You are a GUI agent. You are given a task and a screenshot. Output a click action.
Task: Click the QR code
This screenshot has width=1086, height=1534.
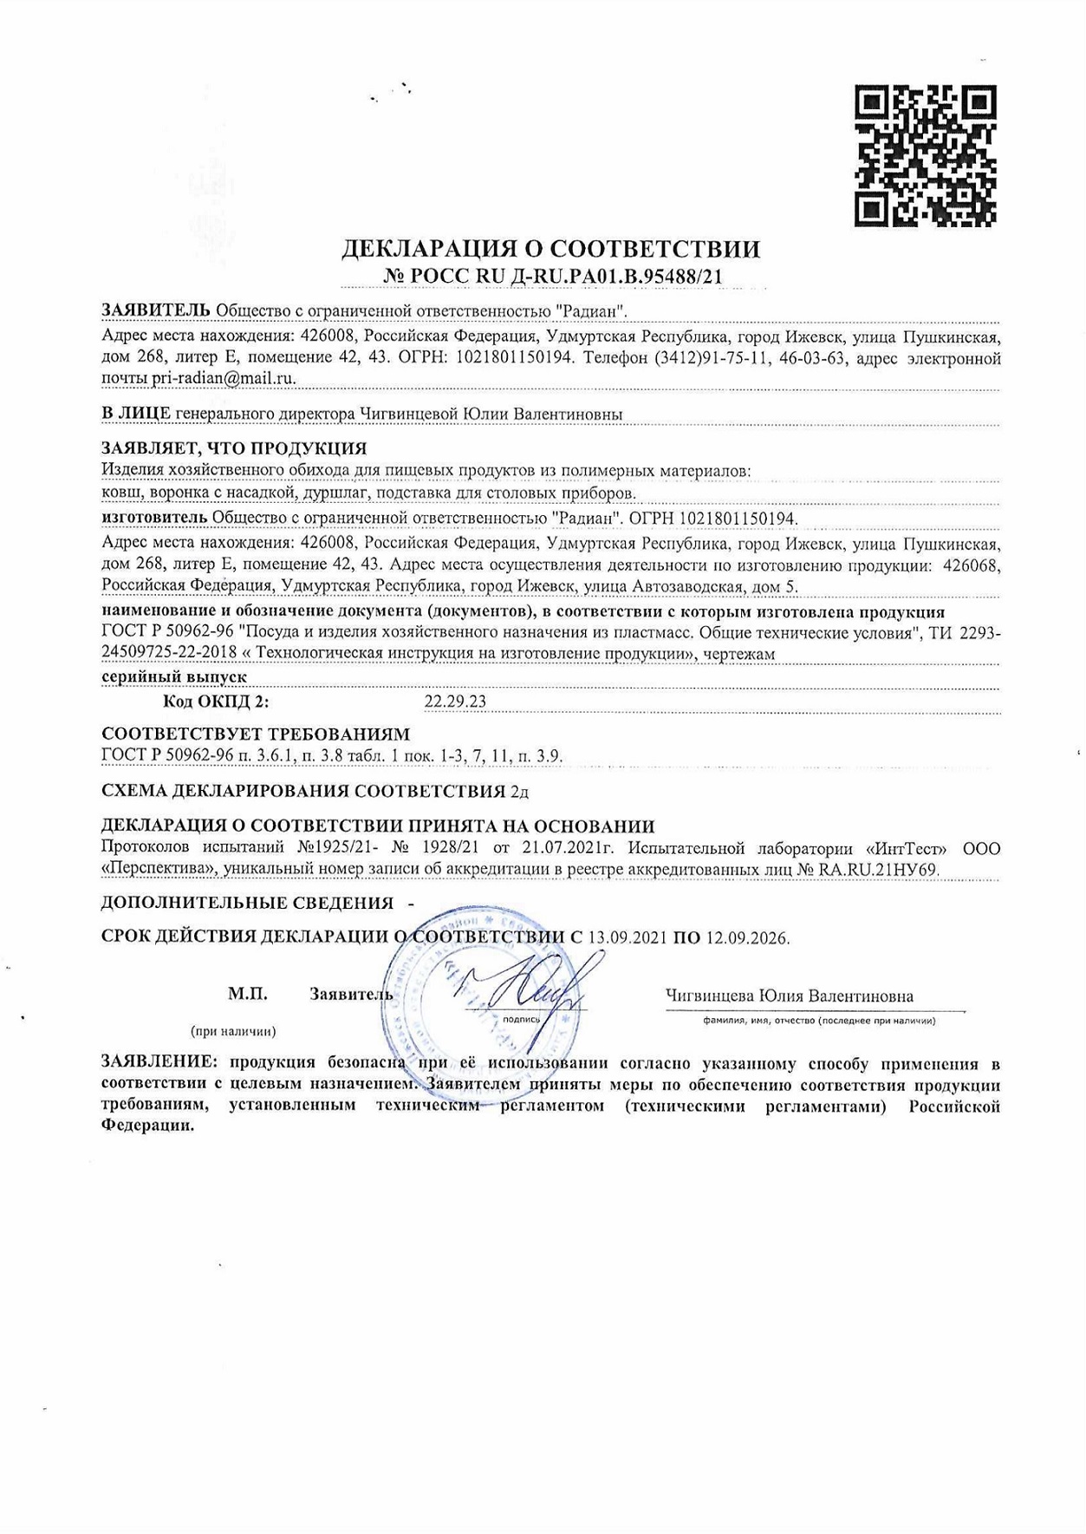[926, 155]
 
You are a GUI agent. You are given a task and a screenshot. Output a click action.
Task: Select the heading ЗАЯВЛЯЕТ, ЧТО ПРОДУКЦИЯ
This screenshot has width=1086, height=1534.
[234, 448]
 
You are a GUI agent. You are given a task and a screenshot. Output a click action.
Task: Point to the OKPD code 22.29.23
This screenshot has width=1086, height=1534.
[455, 702]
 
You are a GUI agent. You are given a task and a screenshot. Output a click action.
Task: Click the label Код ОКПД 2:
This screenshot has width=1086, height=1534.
[216, 702]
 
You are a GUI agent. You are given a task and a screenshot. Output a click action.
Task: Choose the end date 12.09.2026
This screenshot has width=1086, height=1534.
[747, 937]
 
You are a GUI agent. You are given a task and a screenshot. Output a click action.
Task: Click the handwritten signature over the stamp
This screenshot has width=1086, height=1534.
[529, 984]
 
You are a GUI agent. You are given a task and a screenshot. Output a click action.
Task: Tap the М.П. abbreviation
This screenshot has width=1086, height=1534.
[248, 995]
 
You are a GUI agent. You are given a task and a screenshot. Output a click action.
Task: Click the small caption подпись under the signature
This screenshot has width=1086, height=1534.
[521, 1019]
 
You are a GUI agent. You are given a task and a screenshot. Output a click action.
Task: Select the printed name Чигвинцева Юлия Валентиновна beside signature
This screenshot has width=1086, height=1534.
[789, 996]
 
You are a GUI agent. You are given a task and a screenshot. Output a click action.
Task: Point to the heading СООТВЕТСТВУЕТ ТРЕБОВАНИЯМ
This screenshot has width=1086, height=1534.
[256, 734]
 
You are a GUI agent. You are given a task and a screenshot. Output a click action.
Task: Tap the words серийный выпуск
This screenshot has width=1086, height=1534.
[174, 676]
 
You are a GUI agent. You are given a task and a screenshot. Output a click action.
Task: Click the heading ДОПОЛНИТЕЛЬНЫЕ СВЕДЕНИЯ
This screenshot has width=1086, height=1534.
[247, 903]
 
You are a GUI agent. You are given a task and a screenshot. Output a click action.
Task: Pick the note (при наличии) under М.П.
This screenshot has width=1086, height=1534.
[233, 1031]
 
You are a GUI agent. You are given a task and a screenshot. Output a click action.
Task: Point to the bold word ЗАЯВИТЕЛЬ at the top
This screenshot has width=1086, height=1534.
[155, 310]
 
